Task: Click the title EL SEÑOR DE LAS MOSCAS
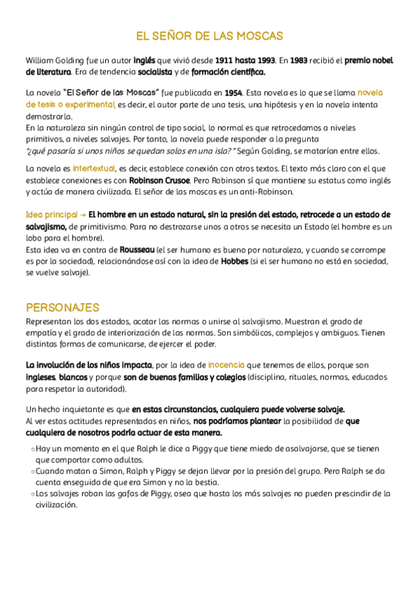(x=209, y=36)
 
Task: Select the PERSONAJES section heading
(x=63, y=307)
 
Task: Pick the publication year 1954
(x=233, y=93)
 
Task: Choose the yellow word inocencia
(x=226, y=364)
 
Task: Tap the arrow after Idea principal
(x=83, y=214)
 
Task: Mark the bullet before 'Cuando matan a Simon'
(x=29, y=472)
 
